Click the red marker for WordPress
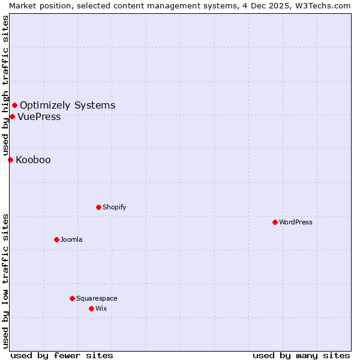pyautogui.click(x=275, y=222)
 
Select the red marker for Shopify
pyautogui.click(x=98, y=207)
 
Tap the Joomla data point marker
pyautogui.click(x=56, y=239)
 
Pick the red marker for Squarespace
pyautogui.click(x=72, y=298)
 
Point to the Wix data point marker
pyautogui.click(x=91, y=308)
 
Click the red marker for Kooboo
pyautogui.click(x=10, y=160)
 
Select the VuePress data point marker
pyautogui.click(x=12, y=116)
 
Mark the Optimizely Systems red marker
pyautogui.click(x=14, y=106)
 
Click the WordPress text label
pyautogui.click(x=296, y=222)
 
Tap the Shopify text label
pyautogui.click(x=114, y=207)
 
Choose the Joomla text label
pyautogui.click(x=71, y=239)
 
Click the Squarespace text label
pyautogui.click(x=97, y=298)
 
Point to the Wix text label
pyautogui.click(x=101, y=308)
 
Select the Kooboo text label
pyautogui.click(x=33, y=160)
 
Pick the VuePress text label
pyautogui.click(x=39, y=116)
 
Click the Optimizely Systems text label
pyautogui.click(x=67, y=106)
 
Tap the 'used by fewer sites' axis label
pyautogui.click(x=62, y=355)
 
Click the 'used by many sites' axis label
pyautogui.click(x=301, y=355)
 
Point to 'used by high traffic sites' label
pyautogui.click(x=5, y=85)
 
